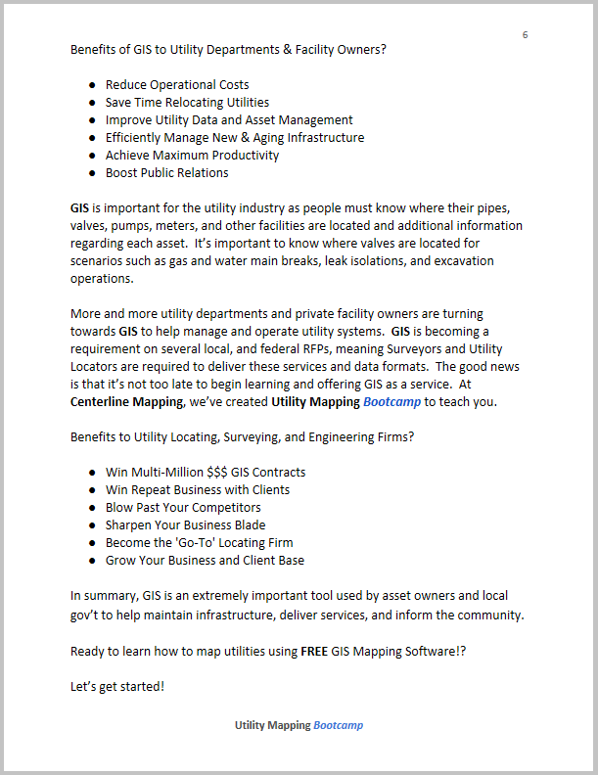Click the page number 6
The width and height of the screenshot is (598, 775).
tap(526, 35)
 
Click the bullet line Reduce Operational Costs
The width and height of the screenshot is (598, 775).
tap(177, 85)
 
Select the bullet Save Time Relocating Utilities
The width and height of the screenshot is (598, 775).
tap(187, 103)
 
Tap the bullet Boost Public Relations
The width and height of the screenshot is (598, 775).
tap(166, 173)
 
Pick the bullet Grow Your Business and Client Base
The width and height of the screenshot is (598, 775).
tap(205, 561)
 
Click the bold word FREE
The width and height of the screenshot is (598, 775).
tap(318, 651)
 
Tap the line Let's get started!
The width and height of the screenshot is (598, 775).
tap(117, 686)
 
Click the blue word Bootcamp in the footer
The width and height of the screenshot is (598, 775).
tap(339, 726)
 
